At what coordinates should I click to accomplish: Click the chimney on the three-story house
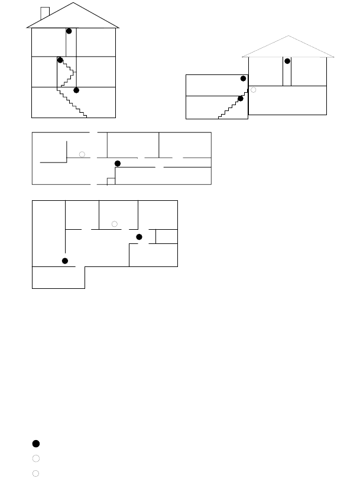pyautogui.click(x=44, y=12)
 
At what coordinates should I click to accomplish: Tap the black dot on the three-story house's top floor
pyautogui.click(x=69, y=31)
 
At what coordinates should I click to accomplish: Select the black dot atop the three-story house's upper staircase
pyautogui.click(x=60, y=60)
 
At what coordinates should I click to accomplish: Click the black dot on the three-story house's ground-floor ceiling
pyautogui.click(x=76, y=90)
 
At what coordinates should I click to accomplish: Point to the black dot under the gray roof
pyautogui.click(x=287, y=61)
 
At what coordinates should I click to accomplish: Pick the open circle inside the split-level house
pyautogui.click(x=254, y=90)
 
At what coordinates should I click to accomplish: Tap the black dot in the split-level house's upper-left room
pyautogui.click(x=244, y=79)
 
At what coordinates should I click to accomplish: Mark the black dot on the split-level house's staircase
pyautogui.click(x=240, y=99)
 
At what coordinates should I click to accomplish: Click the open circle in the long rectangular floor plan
pyautogui.click(x=83, y=154)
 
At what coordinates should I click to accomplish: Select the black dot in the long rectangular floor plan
pyautogui.click(x=117, y=163)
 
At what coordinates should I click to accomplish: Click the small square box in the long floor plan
pyautogui.click(x=110, y=181)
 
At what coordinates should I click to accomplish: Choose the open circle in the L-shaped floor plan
pyautogui.click(x=115, y=223)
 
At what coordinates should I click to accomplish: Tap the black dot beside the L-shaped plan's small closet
pyautogui.click(x=140, y=237)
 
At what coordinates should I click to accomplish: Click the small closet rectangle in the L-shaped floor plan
pyautogui.click(x=166, y=236)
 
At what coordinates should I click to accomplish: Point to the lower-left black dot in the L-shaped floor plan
pyautogui.click(x=65, y=260)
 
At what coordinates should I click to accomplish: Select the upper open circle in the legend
pyautogui.click(x=36, y=458)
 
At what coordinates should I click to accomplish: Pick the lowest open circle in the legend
pyautogui.click(x=36, y=473)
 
